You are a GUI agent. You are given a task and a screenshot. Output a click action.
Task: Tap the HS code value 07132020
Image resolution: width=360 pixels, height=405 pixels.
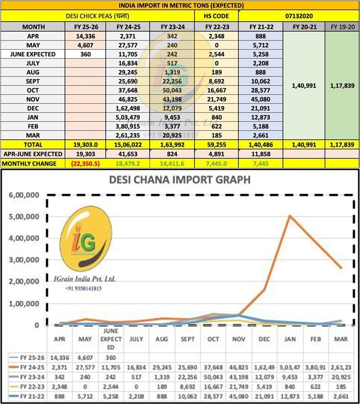[x=298, y=16]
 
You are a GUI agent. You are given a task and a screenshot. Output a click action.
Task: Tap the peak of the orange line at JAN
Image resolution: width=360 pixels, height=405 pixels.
[x=288, y=216]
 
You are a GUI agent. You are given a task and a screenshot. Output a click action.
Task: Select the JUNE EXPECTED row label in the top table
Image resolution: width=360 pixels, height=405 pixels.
[x=33, y=54]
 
